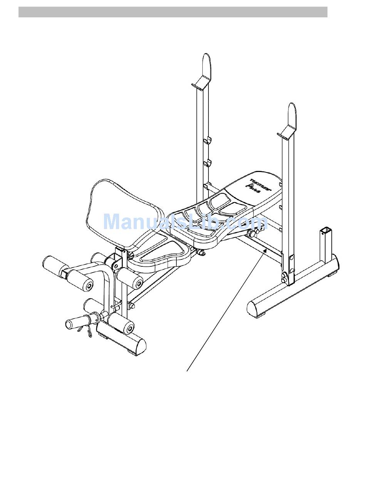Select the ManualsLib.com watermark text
(x=185, y=222)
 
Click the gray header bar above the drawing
(x=173, y=12)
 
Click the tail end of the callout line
(x=187, y=371)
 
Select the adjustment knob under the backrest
(x=253, y=233)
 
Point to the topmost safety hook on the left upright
(x=208, y=139)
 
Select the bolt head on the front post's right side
(x=132, y=306)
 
